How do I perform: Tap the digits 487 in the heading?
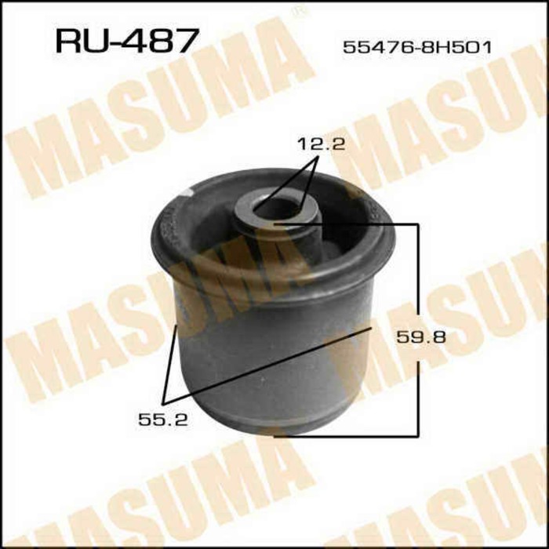point(160,40)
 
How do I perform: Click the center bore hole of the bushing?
point(274,210)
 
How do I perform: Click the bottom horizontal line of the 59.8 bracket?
point(345,434)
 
